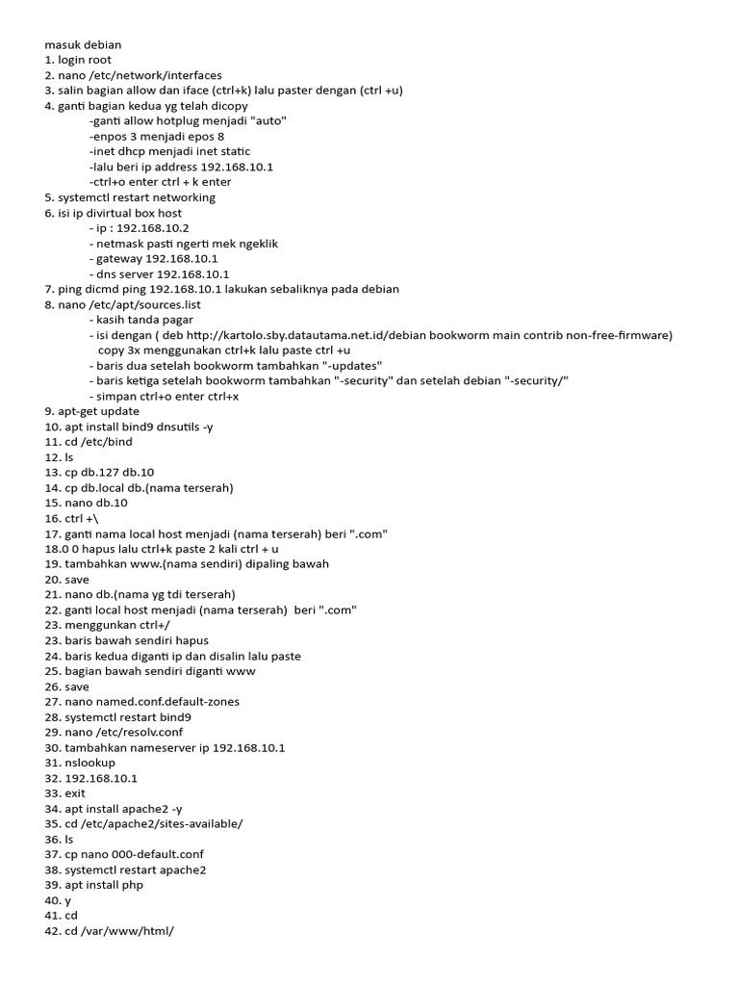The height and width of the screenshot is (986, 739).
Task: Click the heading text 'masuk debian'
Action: point(83,44)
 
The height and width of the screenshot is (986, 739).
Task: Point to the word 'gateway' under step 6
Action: point(118,259)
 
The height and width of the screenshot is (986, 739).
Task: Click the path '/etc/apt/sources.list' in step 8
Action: point(153,304)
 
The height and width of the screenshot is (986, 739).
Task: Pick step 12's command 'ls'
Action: point(69,456)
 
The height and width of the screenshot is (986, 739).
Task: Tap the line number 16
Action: point(52,518)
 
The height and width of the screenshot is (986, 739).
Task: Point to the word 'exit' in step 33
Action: point(75,793)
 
